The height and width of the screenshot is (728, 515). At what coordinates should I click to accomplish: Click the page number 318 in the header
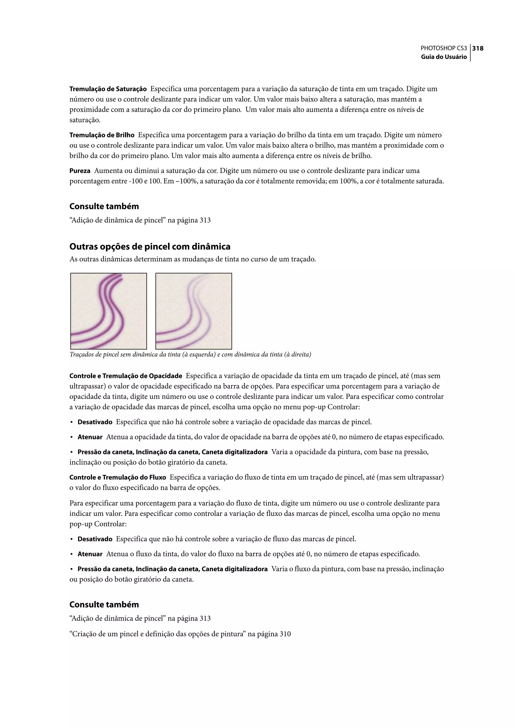pyautogui.click(x=478, y=49)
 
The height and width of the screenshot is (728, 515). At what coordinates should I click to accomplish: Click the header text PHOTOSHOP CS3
pyautogui.click(x=444, y=49)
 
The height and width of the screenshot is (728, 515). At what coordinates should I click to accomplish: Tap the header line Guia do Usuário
pyautogui.click(x=444, y=57)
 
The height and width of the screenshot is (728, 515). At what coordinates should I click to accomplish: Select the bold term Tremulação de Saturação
pyautogui.click(x=108, y=89)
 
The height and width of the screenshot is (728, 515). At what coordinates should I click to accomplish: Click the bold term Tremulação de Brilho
pyautogui.click(x=102, y=135)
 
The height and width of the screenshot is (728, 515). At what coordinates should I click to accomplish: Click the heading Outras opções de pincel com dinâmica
pyautogui.click(x=150, y=247)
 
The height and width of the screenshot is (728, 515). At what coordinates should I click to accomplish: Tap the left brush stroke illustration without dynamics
pyautogui.click(x=108, y=311)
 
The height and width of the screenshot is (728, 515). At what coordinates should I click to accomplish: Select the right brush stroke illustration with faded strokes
pyautogui.click(x=194, y=311)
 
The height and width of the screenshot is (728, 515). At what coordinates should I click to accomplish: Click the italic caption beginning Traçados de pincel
pyautogui.click(x=190, y=355)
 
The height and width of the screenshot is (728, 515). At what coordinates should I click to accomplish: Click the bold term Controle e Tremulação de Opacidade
pyautogui.click(x=125, y=376)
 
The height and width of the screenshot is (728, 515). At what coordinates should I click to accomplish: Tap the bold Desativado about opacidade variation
pyautogui.click(x=95, y=422)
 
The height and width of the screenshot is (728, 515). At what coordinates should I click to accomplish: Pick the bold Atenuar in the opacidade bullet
pyautogui.click(x=90, y=437)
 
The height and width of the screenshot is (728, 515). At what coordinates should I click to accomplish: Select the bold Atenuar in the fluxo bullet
pyautogui.click(x=90, y=554)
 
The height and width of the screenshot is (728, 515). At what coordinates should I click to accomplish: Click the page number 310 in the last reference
pyautogui.click(x=285, y=634)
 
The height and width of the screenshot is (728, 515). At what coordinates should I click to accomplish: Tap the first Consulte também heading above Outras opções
pyautogui.click(x=104, y=207)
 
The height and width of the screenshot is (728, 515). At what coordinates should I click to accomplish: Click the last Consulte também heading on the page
pyautogui.click(x=104, y=604)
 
